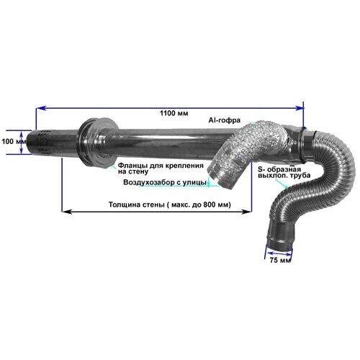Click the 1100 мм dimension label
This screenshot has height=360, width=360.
click(174, 113)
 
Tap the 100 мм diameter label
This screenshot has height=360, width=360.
click(14, 142)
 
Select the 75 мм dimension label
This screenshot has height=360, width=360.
click(280, 260)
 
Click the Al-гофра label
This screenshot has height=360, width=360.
click(225, 120)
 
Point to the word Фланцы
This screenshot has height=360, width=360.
click(132, 166)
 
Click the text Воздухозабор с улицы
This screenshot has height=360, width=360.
click(165, 183)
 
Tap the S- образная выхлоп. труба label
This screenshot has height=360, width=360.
click(284, 172)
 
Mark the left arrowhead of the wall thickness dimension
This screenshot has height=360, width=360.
click(67, 212)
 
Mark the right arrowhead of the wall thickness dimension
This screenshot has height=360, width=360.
click(247, 212)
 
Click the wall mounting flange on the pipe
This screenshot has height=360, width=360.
click(97, 143)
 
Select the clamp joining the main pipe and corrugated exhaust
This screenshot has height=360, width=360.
click(303, 145)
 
